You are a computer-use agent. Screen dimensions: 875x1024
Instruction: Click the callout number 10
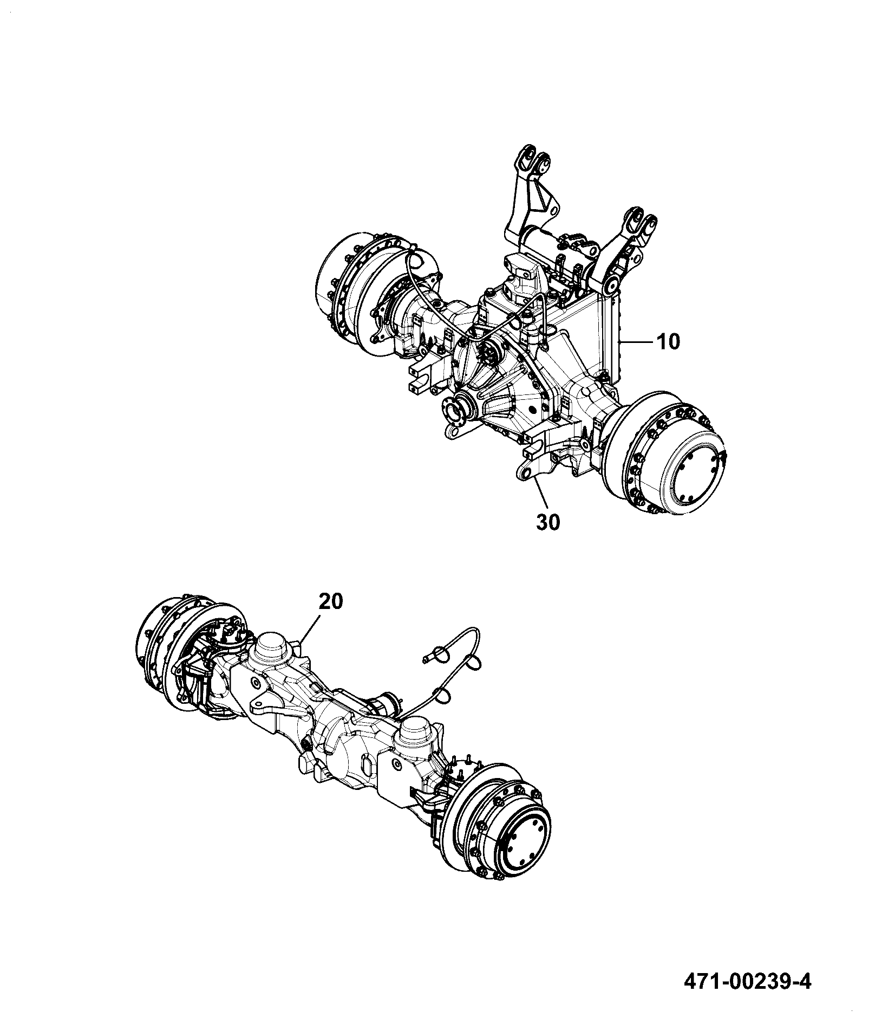tap(668, 342)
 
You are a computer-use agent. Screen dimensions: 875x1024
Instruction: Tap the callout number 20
tap(331, 602)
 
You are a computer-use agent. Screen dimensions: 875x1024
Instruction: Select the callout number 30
tap(548, 522)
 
